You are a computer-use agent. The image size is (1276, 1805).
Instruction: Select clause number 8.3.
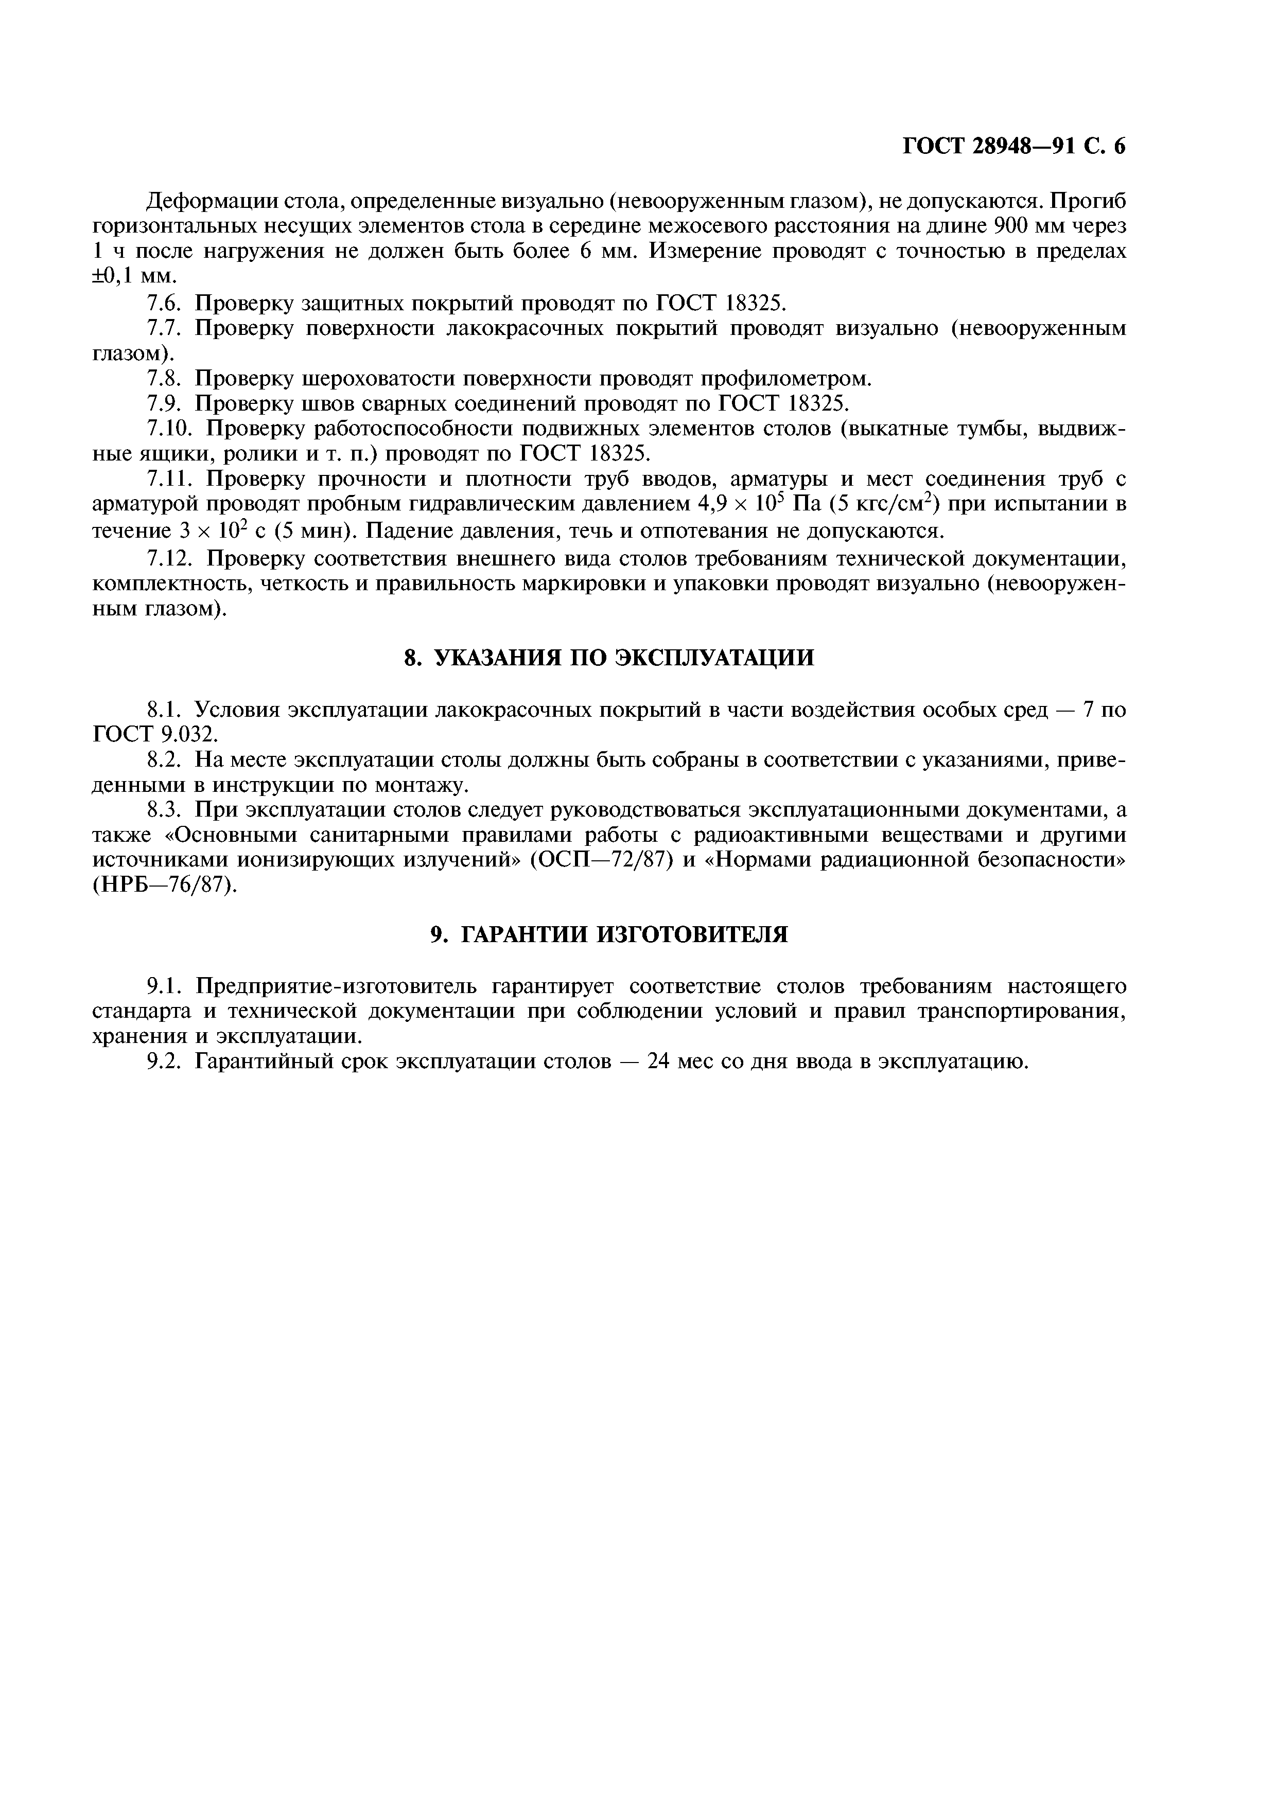pyautogui.click(x=166, y=810)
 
